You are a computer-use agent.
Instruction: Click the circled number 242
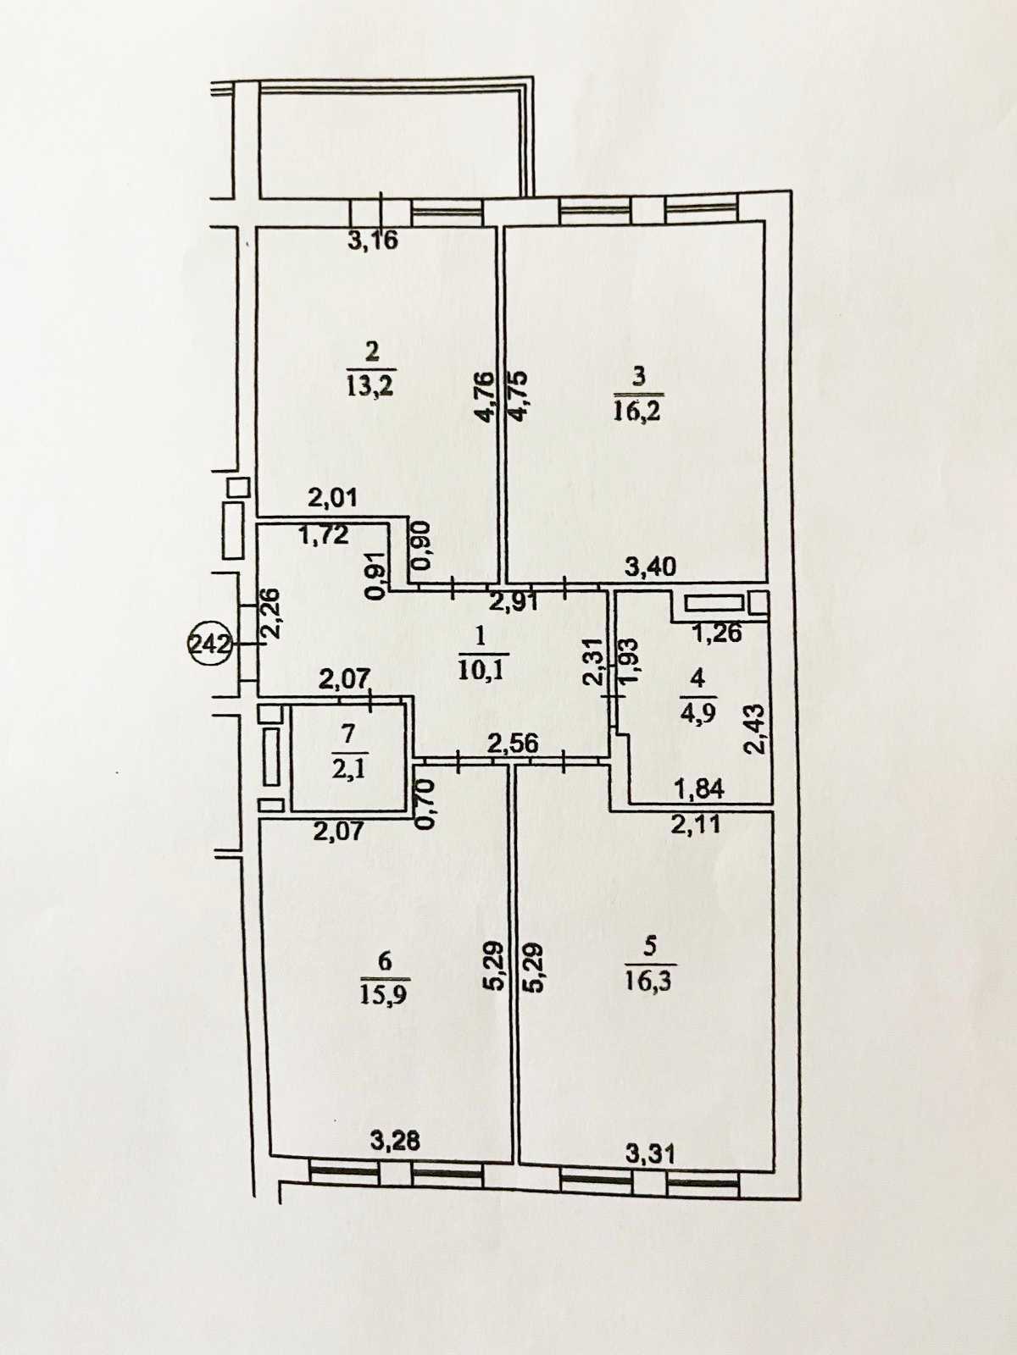[208, 644]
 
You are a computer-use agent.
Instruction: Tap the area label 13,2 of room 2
[371, 386]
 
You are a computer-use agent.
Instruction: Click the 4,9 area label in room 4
[697, 711]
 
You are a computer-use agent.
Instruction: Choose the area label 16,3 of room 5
[650, 982]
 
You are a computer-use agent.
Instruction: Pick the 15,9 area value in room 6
[384, 993]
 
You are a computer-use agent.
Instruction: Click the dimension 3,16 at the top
[373, 241]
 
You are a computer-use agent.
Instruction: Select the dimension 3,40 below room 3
[650, 567]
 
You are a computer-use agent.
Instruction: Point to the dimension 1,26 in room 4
[717, 632]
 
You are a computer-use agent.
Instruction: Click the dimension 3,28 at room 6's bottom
[395, 1142]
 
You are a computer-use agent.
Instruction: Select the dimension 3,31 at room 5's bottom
[650, 1153]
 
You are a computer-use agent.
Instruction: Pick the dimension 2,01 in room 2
[331, 497]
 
